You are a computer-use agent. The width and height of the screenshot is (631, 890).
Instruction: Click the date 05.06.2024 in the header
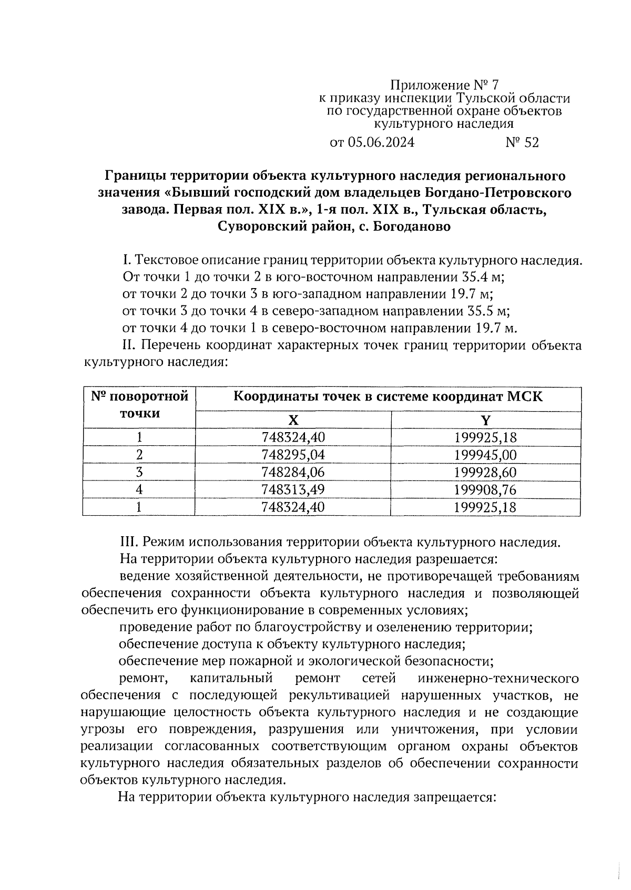[380, 142]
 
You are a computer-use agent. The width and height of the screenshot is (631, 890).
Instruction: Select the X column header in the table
[293, 420]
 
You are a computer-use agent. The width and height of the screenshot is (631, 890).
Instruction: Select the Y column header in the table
[486, 420]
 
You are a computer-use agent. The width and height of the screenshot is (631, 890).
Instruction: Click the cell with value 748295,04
[293, 455]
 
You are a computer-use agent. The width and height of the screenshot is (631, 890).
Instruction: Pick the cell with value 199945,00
[486, 455]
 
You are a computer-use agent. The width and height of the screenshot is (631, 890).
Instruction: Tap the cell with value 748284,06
[293, 472]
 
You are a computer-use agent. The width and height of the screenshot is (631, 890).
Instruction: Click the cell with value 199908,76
[486, 489]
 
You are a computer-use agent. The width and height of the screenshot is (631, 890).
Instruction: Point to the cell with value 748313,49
[293, 489]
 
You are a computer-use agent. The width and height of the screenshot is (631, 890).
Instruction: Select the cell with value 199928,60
[486, 472]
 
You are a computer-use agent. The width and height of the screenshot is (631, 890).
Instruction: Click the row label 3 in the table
[139, 472]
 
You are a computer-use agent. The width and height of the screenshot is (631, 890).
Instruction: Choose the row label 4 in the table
[139, 489]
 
